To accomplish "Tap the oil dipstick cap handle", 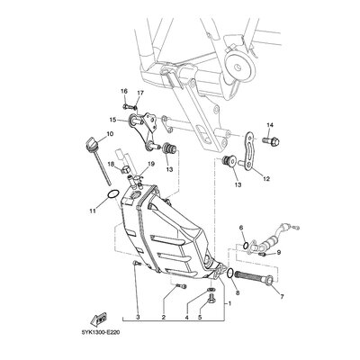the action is (x=91, y=142).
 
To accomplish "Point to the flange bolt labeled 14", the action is (x=271, y=140).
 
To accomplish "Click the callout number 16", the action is (x=124, y=91).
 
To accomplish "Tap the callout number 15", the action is (x=112, y=120).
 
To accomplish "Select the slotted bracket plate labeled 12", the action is (x=247, y=151).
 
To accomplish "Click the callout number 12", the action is (x=266, y=179).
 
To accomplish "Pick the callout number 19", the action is (x=150, y=164).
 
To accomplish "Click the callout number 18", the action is (x=112, y=164).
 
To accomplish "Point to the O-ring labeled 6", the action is (x=246, y=246).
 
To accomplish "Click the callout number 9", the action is (x=279, y=253).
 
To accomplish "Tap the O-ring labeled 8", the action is (x=230, y=273).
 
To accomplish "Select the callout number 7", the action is (x=282, y=297).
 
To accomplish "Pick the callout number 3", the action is (x=138, y=317).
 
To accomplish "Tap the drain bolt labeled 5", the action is (x=211, y=298).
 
